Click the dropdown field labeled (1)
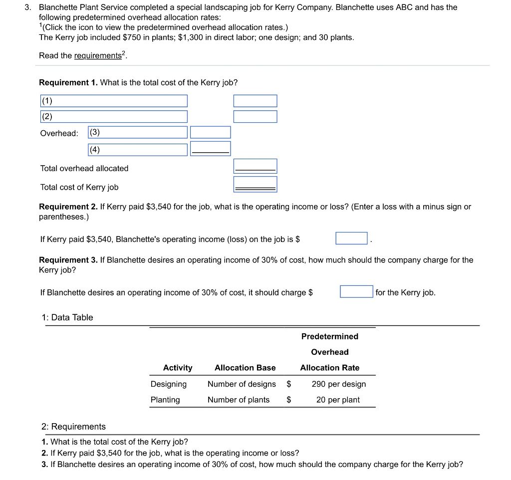click(114, 101)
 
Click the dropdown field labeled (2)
click(114, 117)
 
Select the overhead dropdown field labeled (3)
click(138, 133)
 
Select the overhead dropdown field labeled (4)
click(138, 149)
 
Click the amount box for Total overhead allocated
click(255, 166)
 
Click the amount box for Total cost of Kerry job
click(255, 185)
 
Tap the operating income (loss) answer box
click(351, 239)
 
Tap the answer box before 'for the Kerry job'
click(356, 291)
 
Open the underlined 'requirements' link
click(98, 56)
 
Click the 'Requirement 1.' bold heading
click(68, 82)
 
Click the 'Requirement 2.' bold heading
click(68, 207)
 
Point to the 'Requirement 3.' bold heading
click(68, 260)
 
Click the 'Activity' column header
click(178, 368)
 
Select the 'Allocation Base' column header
click(245, 368)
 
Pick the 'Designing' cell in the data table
click(169, 384)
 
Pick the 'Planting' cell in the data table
click(165, 400)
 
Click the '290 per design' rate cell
click(338, 384)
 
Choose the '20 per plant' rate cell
click(338, 400)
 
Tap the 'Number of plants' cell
click(239, 400)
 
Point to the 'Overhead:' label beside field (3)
click(59, 133)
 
